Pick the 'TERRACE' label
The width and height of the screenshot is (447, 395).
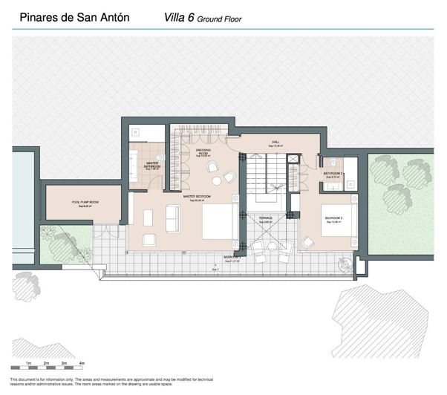[266, 218]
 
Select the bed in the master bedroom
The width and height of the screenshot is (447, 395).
[219, 221]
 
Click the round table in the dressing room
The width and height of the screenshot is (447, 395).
[217, 180]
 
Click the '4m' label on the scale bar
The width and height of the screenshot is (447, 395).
[82, 363]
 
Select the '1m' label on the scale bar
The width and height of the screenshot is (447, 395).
[27, 363]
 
